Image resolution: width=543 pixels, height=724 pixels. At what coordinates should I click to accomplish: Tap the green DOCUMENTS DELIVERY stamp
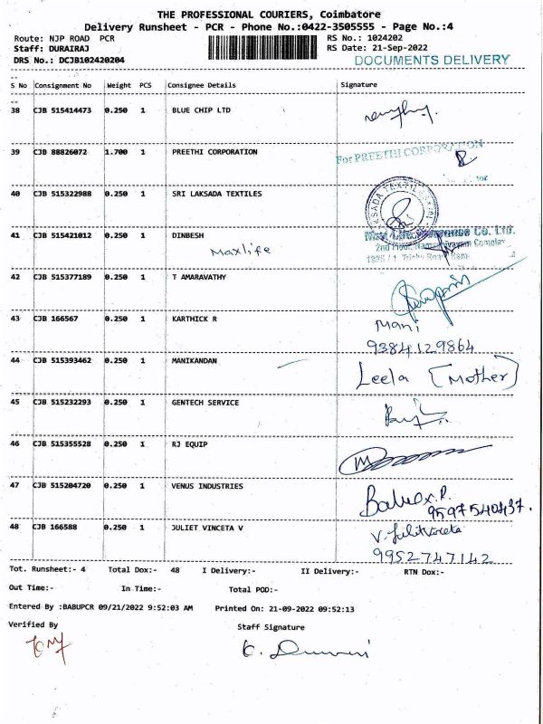[x=432, y=60]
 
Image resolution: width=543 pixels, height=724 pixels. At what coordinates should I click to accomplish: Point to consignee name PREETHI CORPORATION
[x=214, y=152]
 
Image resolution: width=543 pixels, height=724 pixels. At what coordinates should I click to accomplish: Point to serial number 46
[x=15, y=443]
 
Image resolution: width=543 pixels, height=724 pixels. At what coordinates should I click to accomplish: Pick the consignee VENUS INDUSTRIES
[x=207, y=486]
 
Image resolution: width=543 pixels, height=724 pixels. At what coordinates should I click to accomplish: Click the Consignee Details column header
[x=201, y=85]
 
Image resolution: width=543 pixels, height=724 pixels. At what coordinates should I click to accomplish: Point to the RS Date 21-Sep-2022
[x=389, y=47]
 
